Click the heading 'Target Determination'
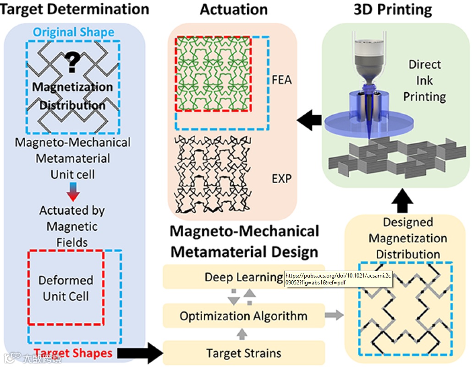pyautogui.click(x=75, y=9)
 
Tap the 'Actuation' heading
pyautogui.click(x=234, y=9)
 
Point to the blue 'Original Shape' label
pyautogui.click(x=74, y=32)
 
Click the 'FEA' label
pyautogui.click(x=281, y=81)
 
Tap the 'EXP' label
pyautogui.click(x=281, y=178)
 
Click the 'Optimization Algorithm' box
pyautogui.click(x=243, y=316)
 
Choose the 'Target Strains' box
pyautogui.click(x=243, y=353)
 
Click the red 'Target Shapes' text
pyautogui.click(x=73, y=353)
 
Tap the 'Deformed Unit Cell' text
pyautogui.click(x=66, y=288)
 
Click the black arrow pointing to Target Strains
pyautogui.click(x=140, y=353)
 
